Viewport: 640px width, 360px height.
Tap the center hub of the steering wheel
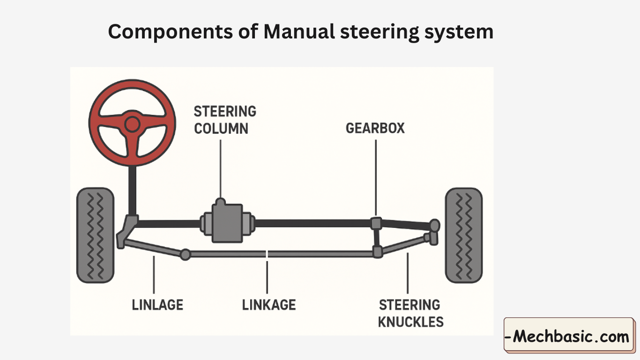(132, 124)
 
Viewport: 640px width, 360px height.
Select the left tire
(95, 235)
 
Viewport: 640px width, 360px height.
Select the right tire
(463, 235)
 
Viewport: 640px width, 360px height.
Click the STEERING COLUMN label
(225, 120)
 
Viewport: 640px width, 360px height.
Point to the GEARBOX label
(375, 128)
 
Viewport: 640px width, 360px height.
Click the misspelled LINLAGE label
(157, 305)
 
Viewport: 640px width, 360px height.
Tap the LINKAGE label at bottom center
(269, 305)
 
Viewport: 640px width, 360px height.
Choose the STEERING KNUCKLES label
(410, 313)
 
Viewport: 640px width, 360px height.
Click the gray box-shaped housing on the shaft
(227, 222)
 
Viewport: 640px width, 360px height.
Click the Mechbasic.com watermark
(569, 336)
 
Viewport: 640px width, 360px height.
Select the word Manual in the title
(299, 32)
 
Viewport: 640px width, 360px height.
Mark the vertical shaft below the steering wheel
(133, 190)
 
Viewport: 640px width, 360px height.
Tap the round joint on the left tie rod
(186, 254)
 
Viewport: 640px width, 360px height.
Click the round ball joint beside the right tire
(435, 226)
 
